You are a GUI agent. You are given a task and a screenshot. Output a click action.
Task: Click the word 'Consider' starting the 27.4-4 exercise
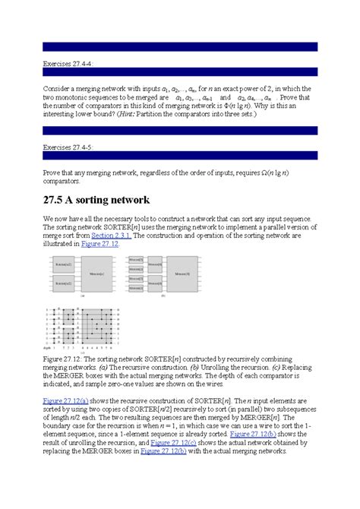click(x=58, y=88)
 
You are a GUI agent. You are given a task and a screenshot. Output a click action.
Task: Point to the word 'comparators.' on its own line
click(x=64, y=182)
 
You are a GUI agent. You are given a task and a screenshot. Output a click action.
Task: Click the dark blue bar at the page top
click(x=179, y=46)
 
